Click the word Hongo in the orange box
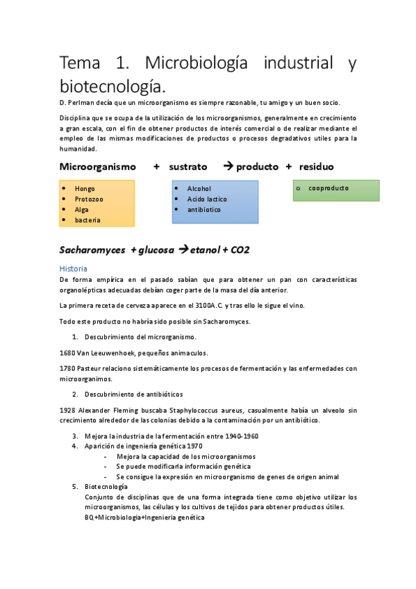point(85,188)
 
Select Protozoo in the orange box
point(89,199)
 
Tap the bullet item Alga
point(82,209)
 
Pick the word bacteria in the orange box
point(88,220)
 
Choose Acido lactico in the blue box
point(207,199)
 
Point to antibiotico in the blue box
point(204,209)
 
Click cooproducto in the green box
point(328,188)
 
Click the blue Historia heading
point(73,268)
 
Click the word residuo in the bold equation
point(316,167)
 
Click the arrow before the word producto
point(228,167)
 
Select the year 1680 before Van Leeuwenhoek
point(67,353)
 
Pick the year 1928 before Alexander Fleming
point(68,410)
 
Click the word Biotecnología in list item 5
point(106,487)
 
